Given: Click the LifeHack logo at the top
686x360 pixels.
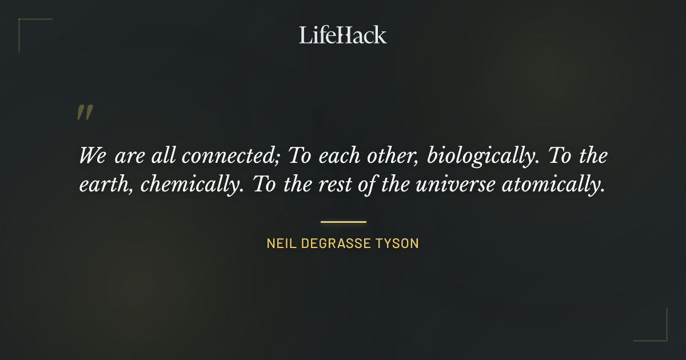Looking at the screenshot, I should point(343,35).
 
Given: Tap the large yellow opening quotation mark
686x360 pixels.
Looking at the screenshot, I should point(85,113).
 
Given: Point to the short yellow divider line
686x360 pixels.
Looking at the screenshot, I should point(343,222).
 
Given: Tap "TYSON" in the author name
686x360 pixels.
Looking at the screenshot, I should point(398,243).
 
